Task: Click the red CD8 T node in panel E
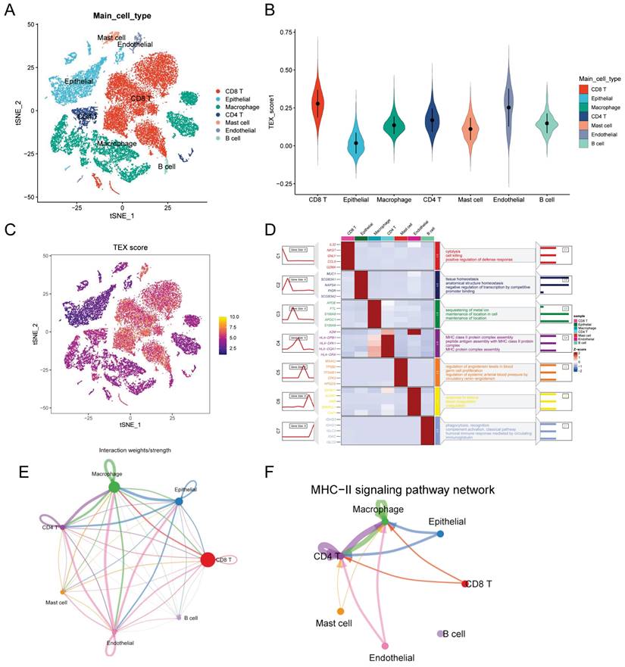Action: [208, 560]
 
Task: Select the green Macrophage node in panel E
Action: [113, 487]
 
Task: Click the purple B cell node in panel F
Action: [439, 633]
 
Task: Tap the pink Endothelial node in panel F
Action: [386, 646]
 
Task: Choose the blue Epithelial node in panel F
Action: [441, 535]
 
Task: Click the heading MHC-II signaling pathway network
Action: [403, 490]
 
